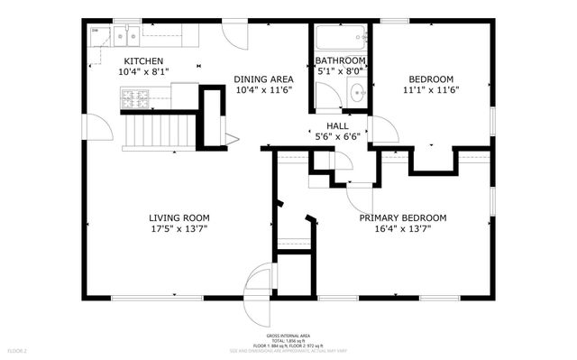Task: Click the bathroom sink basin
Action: click(x=357, y=92)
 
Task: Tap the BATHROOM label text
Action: click(x=340, y=60)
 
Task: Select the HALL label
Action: click(x=338, y=126)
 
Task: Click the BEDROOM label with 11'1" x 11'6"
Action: click(x=428, y=78)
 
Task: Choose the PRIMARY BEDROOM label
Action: click(x=403, y=217)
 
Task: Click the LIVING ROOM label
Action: click(x=179, y=217)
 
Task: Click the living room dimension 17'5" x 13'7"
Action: click(x=179, y=229)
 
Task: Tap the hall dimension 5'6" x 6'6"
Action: click(x=338, y=137)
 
